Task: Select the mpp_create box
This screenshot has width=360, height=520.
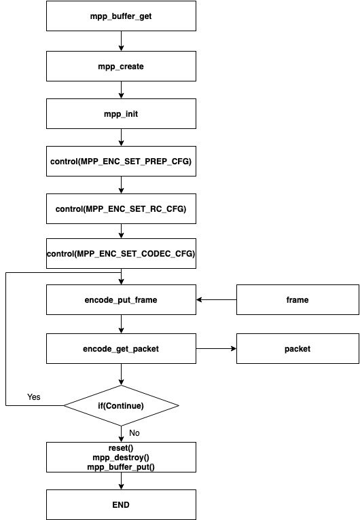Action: click(121, 67)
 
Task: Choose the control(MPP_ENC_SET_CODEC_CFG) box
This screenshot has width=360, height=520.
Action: click(121, 253)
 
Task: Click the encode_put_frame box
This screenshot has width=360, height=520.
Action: click(121, 299)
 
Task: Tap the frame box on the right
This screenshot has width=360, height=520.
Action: click(298, 299)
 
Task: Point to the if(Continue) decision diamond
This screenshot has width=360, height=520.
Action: click(121, 405)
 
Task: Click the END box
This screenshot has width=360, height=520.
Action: click(121, 504)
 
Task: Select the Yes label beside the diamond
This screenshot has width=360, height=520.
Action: click(35, 396)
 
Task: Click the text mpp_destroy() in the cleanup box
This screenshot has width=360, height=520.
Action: click(121, 458)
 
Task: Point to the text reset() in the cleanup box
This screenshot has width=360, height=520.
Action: click(121, 449)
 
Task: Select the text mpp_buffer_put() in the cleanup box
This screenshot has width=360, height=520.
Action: click(121, 468)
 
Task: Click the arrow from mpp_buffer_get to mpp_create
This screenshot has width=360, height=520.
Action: click(121, 41)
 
